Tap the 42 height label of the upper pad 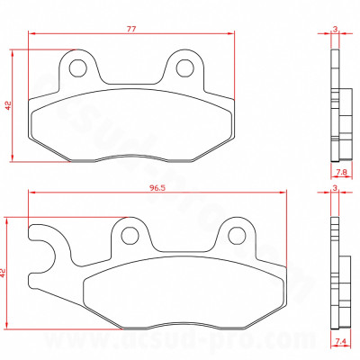click(x=8, y=104)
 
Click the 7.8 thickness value click(x=341, y=171)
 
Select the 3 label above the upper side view click(x=336, y=28)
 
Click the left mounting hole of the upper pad click(x=78, y=67)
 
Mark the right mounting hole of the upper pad click(x=186, y=67)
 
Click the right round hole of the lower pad click(x=237, y=235)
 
